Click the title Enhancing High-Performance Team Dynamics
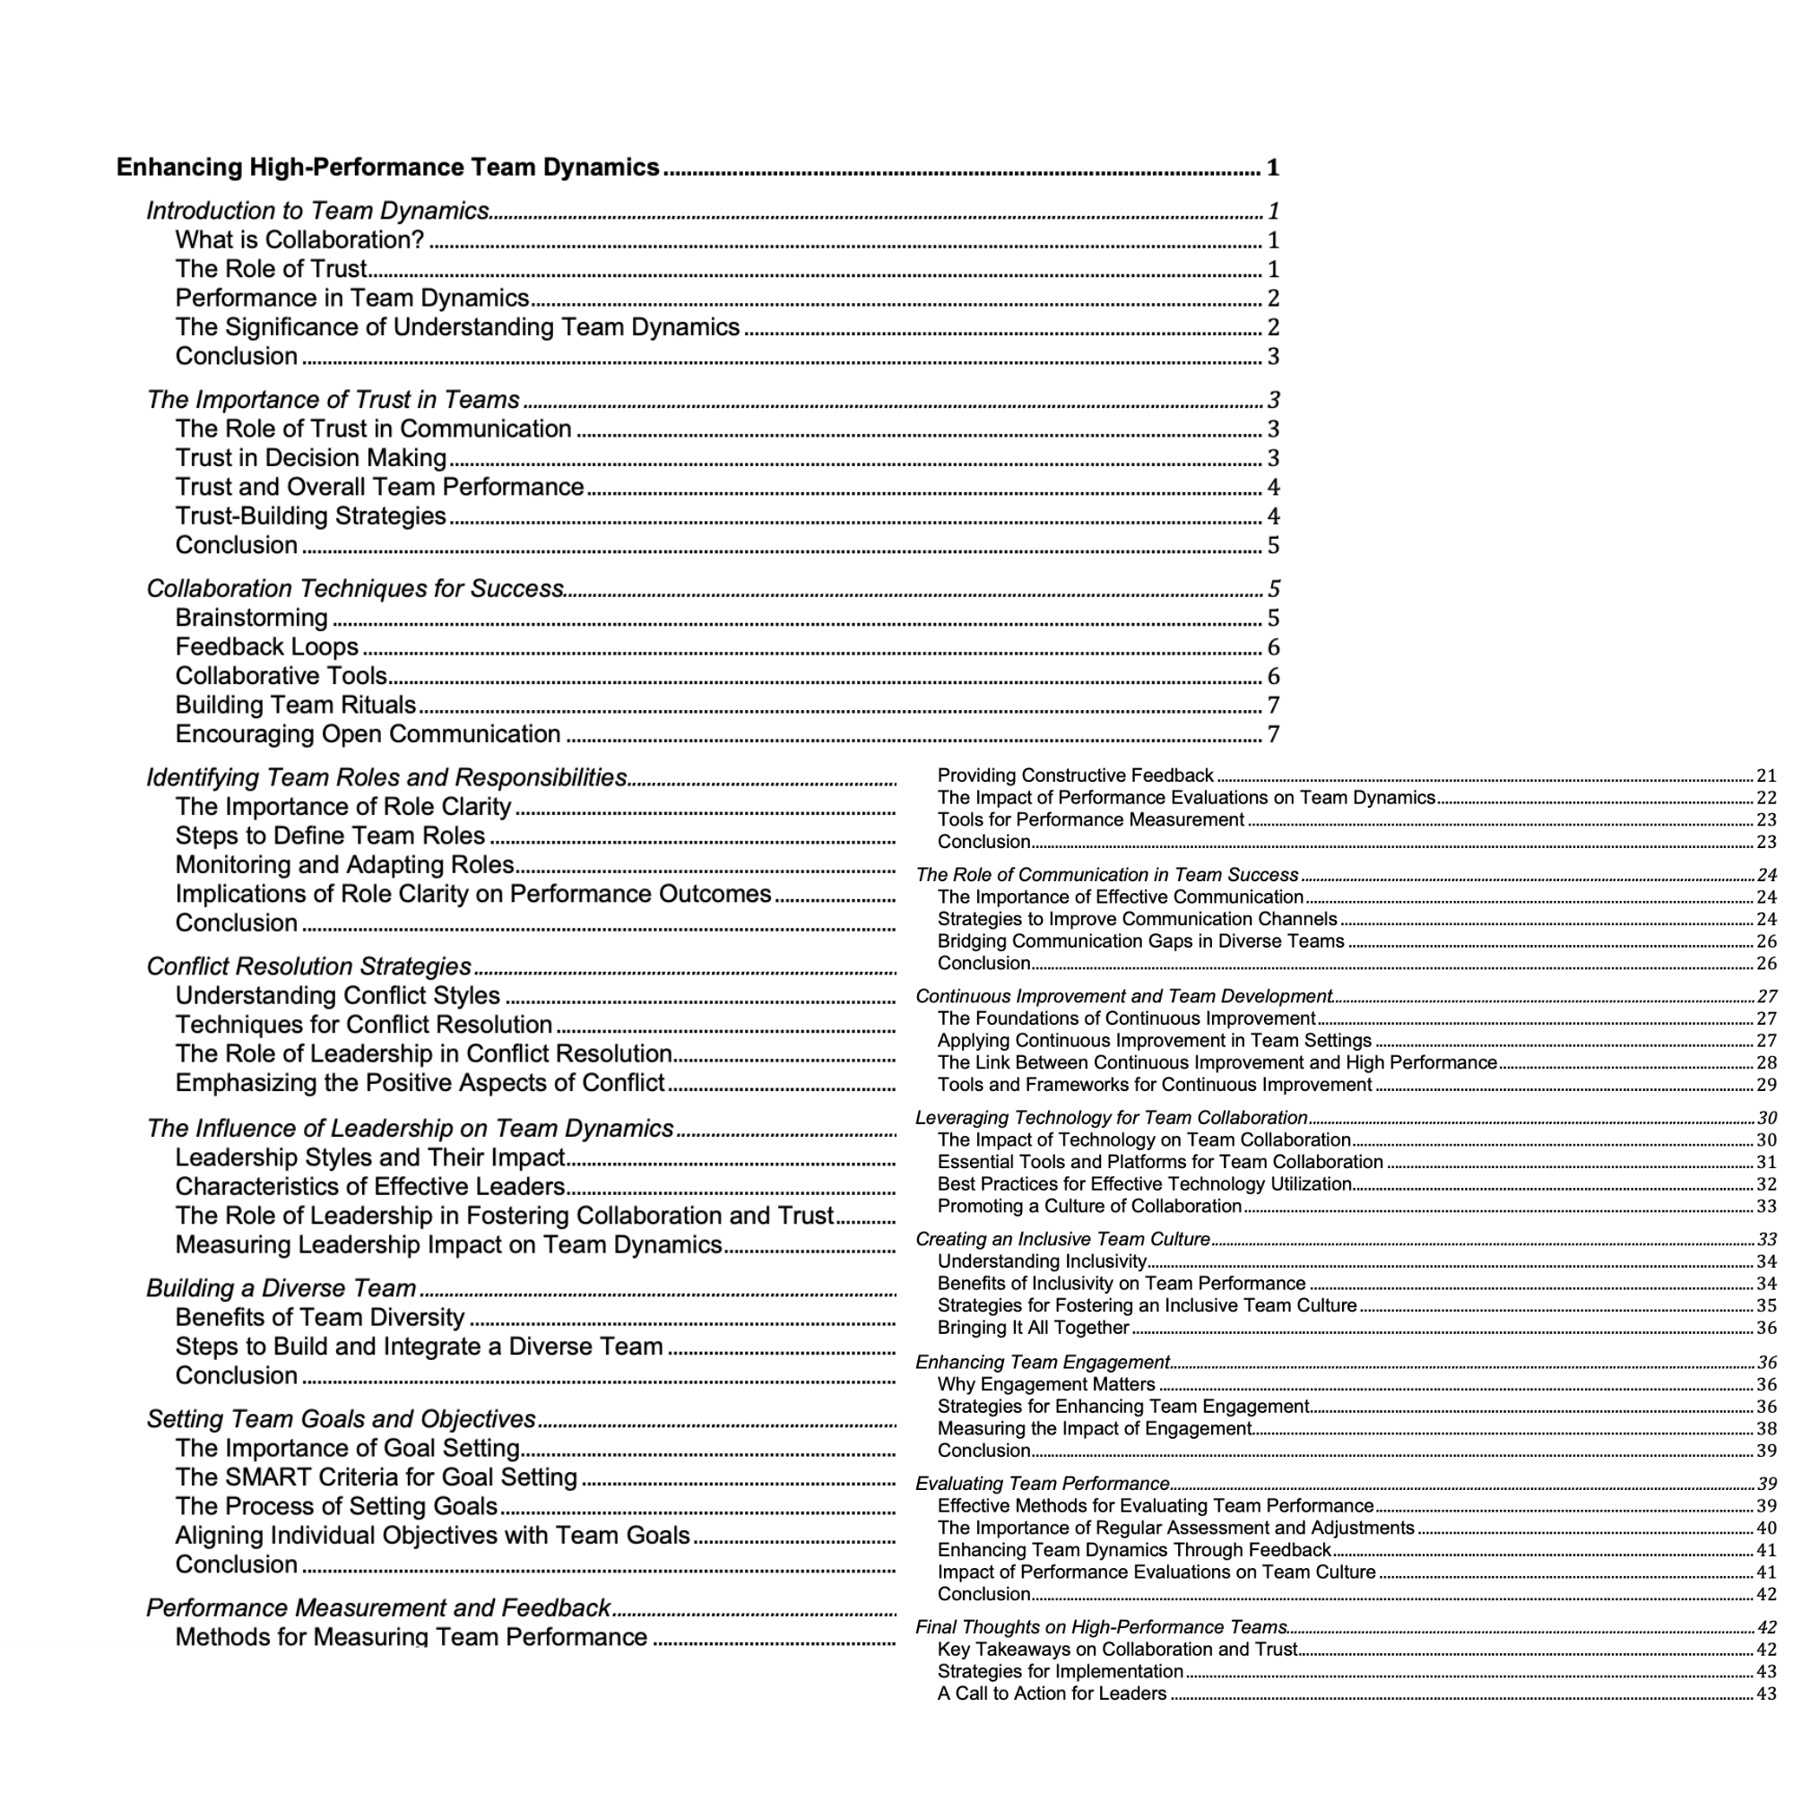[x=388, y=167]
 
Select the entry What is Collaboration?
[x=299, y=240]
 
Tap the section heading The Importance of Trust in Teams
[x=333, y=400]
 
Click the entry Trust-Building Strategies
[x=310, y=516]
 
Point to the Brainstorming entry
[x=252, y=618]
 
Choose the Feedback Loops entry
[x=266, y=647]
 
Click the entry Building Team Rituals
[x=295, y=706]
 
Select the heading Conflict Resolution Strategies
[x=309, y=967]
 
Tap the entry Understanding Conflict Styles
[x=338, y=996]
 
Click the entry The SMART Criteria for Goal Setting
[x=376, y=1477]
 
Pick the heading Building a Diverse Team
[x=282, y=1288]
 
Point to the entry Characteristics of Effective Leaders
[x=369, y=1187]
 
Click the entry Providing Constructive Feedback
[x=1075, y=775]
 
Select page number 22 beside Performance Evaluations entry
[x=1766, y=798]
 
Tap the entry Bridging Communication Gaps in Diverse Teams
[x=1140, y=941]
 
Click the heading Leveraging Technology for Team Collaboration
[x=1111, y=1118]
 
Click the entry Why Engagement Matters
[x=1046, y=1385]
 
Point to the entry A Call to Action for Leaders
[x=1052, y=1693]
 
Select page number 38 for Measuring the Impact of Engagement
[x=1766, y=1429]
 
